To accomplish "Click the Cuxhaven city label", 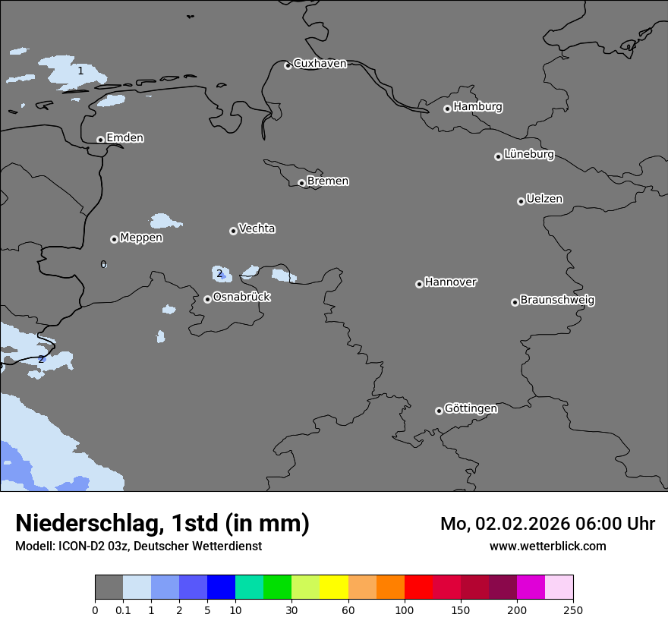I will pyautogui.click(x=320, y=64).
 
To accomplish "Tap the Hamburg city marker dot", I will pyautogui.click(x=447, y=109).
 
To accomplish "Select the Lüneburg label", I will pyautogui.click(x=529, y=155).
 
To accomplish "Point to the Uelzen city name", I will pyautogui.click(x=544, y=200).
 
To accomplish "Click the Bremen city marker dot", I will pyautogui.click(x=301, y=183).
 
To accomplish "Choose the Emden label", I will pyautogui.click(x=124, y=138).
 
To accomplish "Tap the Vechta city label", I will pyautogui.click(x=257, y=229).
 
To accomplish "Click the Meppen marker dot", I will pyautogui.click(x=114, y=239).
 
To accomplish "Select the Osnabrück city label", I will pyautogui.click(x=241, y=298).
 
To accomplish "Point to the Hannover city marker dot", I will pyautogui.click(x=419, y=284).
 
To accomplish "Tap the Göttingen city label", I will pyautogui.click(x=471, y=409).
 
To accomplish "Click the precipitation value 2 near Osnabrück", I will pyautogui.click(x=219, y=274).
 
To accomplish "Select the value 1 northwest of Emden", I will pyautogui.click(x=80, y=71).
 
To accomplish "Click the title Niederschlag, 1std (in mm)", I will pyautogui.click(x=162, y=523).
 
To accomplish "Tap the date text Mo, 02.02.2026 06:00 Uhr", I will pyautogui.click(x=547, y=524).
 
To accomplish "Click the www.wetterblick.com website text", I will pyautogui.click(x=547, y=547).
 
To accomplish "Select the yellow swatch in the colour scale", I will pyautogui.click(x=334, y=587).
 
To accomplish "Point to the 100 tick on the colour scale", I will pyautogui.click(x=405, y=610).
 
